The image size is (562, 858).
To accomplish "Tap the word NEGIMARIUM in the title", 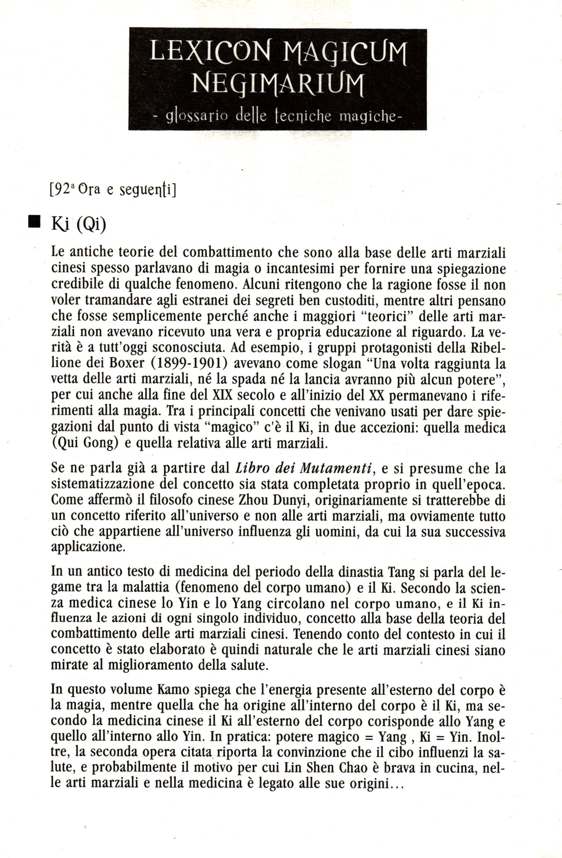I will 277,84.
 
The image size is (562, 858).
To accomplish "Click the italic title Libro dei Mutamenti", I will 303,468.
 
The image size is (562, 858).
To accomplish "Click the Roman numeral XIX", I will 219,396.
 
